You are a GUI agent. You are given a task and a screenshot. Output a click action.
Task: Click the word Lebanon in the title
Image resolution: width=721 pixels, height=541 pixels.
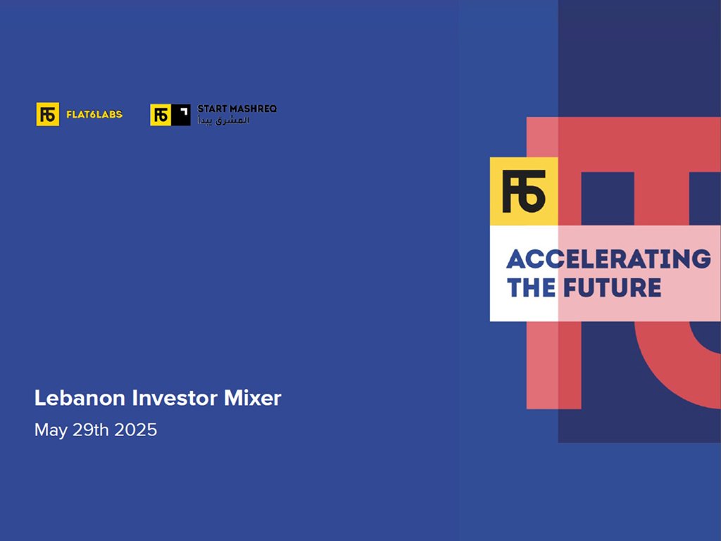coord(80,398)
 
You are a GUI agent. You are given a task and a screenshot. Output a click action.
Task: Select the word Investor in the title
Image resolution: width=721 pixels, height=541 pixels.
coord(175,398)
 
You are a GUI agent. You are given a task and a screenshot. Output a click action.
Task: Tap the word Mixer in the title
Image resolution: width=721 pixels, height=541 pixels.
coord(253,398)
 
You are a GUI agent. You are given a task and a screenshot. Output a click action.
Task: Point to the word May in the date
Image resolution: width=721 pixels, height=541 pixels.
coord(51,430)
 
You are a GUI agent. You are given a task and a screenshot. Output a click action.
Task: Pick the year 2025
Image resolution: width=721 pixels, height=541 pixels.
coord(136,430)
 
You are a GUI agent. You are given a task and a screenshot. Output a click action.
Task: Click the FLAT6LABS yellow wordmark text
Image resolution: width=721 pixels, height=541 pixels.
coord(94,115)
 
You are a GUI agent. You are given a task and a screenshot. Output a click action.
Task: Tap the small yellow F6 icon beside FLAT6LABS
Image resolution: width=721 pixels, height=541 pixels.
coord(48,114)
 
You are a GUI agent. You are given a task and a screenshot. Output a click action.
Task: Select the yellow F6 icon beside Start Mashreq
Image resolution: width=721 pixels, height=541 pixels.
coord(161,115)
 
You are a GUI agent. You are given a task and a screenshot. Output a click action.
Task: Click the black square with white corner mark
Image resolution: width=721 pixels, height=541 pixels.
coord(181,115)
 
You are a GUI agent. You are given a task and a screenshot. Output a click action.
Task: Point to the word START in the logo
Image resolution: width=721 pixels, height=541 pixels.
coord(213,109)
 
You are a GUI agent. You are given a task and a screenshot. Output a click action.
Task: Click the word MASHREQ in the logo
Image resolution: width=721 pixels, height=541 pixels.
coord(253,109)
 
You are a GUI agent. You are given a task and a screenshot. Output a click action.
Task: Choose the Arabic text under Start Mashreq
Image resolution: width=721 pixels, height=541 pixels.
coord(223,120)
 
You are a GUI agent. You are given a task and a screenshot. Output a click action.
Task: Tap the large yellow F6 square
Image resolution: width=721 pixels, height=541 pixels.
coord(524,192)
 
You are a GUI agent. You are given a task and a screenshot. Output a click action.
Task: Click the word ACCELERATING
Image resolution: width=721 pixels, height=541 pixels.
coord(609,259)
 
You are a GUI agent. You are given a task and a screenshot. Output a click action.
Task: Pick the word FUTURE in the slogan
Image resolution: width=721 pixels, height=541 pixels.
coord(612,287)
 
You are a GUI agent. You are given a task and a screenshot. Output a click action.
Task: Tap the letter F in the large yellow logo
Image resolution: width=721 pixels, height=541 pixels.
coord(511,192)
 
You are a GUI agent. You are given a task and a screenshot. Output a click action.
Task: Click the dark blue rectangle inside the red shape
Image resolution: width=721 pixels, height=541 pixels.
coord(608,199)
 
